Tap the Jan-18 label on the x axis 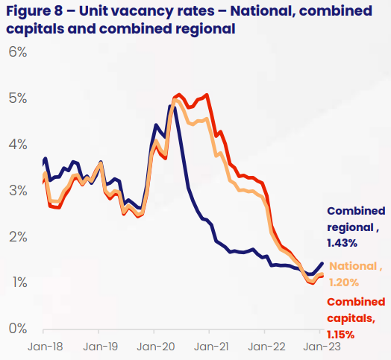click(44, 347)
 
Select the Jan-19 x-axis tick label click(99, 347)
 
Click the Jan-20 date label click(155, 347)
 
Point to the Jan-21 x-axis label click(211, 347)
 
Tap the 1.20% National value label click(343, 282)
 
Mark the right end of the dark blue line click(322, 263)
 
